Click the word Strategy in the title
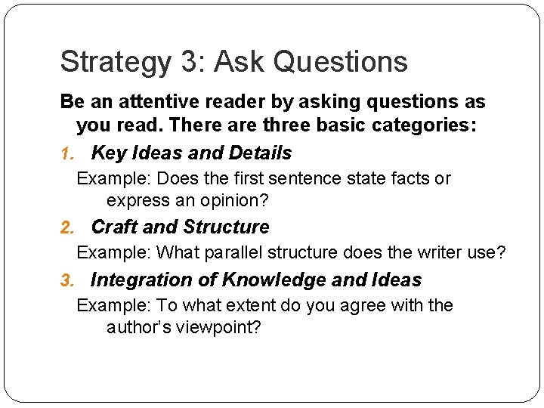click(115, 62)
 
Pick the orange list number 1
click(66, 153)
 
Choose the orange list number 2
click(66, 227)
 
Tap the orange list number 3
click(66, 280)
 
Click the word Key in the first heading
click(109, 153)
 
